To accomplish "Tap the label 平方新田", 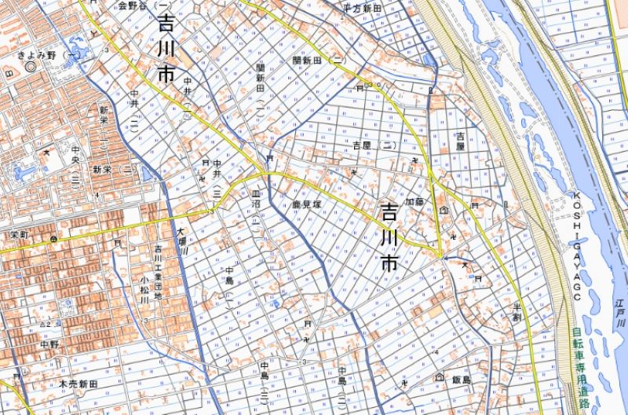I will [x=361, y=7].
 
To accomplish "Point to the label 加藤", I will [x=414, y=201].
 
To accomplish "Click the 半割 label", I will [x=517, y=311].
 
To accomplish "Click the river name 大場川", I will [x=181, y=240].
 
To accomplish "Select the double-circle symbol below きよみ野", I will [x=31, y=67].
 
